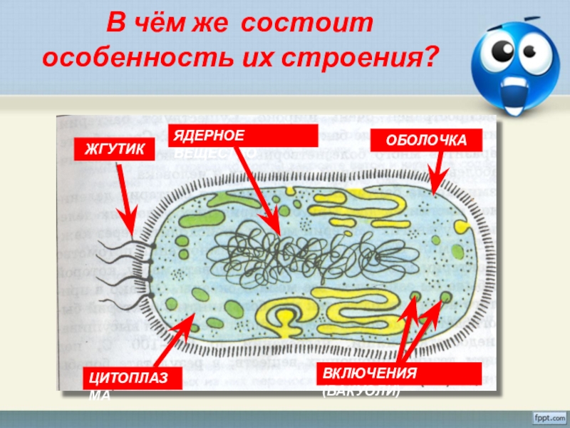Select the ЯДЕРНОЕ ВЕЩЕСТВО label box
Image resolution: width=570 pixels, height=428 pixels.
242,136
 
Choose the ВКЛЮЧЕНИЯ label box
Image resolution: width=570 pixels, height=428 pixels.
401,373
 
